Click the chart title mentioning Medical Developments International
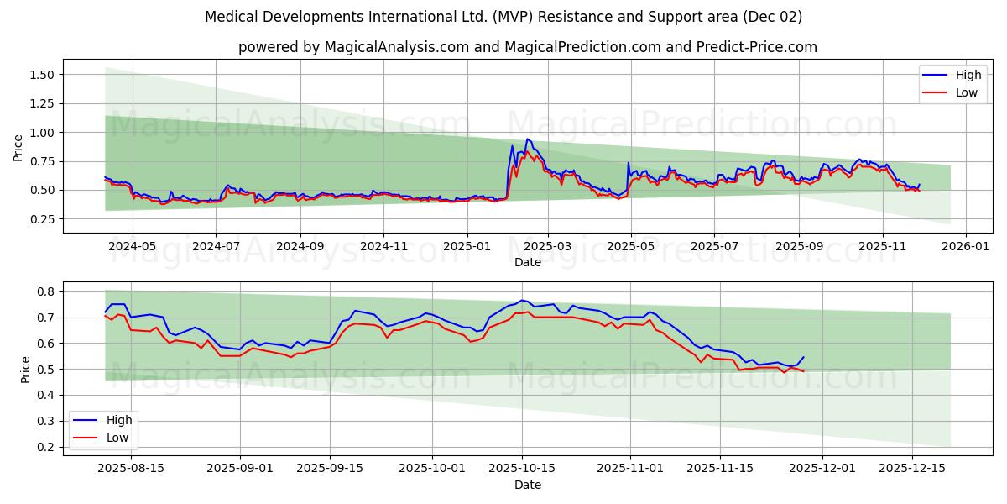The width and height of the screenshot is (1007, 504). point(503,17)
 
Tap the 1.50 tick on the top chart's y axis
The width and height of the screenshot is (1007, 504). point(42,75)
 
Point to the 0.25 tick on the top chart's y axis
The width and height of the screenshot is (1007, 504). point(42,219)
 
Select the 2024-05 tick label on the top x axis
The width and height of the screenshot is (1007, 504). point(133,247)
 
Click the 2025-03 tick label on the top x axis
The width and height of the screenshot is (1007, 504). point(548,247)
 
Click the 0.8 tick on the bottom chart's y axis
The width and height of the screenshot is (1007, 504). point(47,291)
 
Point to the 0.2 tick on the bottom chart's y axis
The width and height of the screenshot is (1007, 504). point(47,447)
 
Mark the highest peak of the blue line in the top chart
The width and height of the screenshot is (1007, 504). point(527,139)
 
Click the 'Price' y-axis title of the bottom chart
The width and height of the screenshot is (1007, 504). point(25,369)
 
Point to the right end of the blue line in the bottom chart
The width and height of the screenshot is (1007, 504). point(803,357)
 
